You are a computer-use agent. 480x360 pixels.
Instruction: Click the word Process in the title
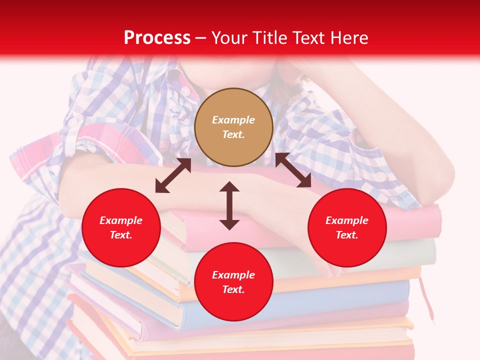157,38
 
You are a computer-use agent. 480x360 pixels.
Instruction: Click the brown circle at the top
233,127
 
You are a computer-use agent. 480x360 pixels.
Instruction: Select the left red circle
121,227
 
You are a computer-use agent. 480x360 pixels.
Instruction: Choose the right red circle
347,227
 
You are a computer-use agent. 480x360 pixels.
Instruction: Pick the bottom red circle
233,282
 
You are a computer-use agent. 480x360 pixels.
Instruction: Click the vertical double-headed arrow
229,205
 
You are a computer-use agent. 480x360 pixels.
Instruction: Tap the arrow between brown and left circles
173,175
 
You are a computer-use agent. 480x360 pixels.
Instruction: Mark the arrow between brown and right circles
293,170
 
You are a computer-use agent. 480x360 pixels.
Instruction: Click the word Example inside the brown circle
233,120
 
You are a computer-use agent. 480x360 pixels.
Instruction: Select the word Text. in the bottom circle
233,289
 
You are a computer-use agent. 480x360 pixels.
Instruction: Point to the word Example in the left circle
121,220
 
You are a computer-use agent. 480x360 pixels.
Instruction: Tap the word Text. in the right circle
347,235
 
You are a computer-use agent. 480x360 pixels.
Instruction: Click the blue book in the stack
300,300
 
